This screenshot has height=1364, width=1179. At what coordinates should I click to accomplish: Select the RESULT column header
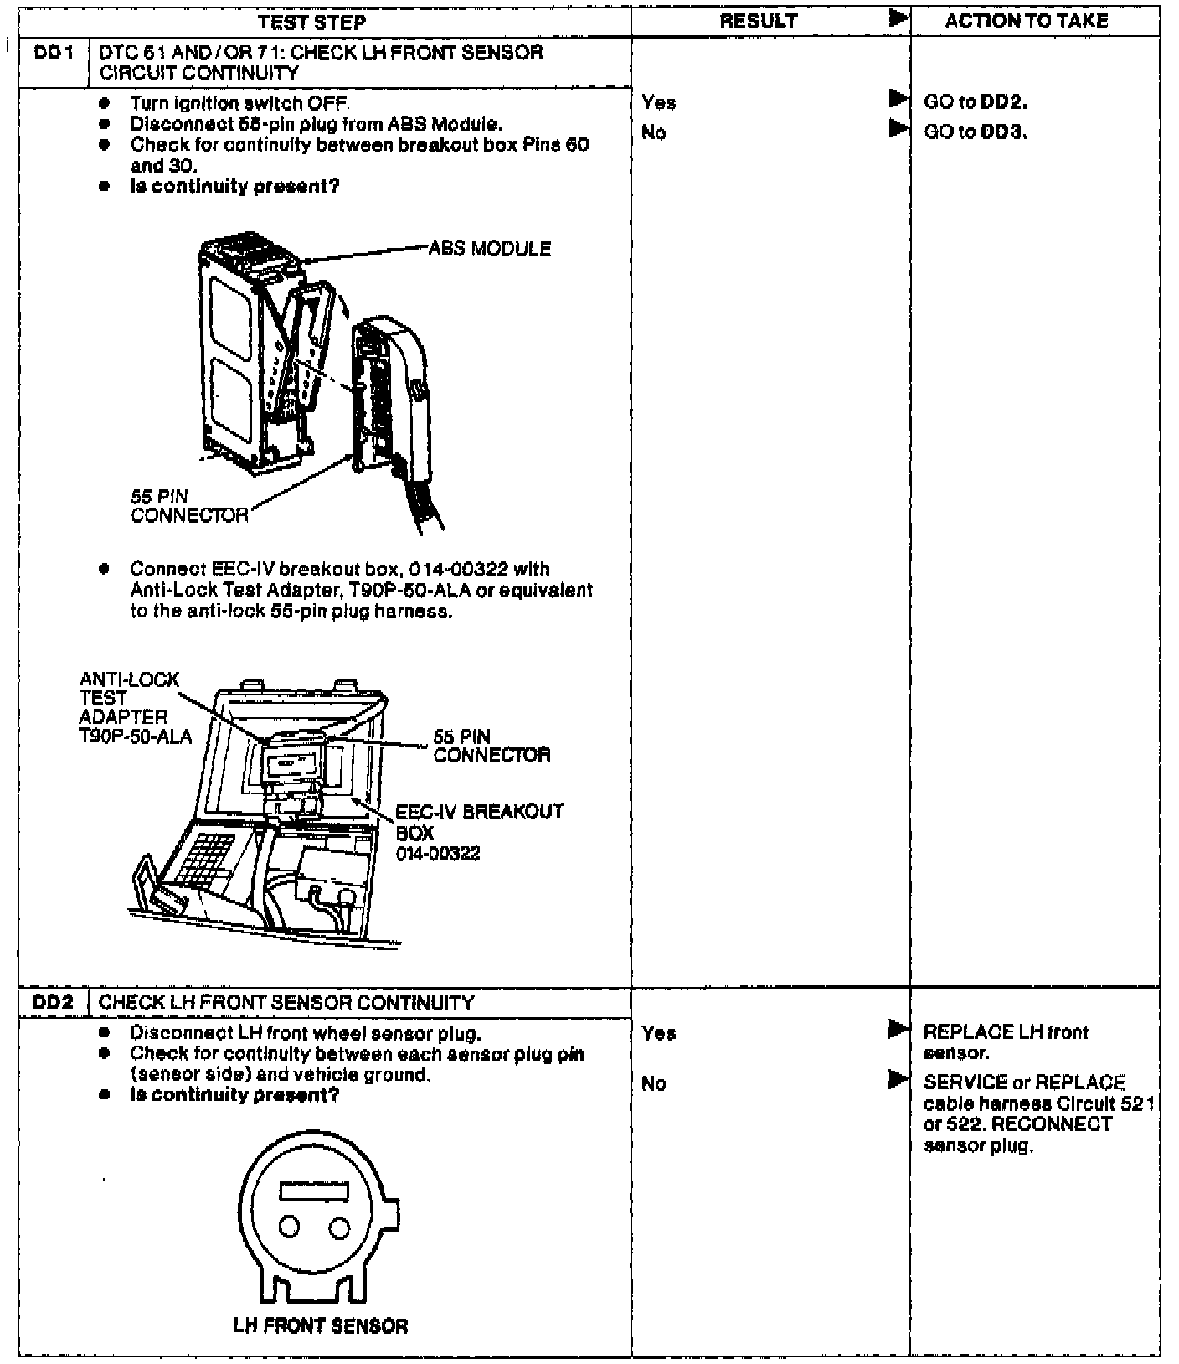759,22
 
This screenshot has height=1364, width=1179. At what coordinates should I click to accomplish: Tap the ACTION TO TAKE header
1027,22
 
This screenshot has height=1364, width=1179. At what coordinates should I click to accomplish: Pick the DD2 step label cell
52,1003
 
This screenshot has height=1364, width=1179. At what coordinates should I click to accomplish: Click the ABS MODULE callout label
490,249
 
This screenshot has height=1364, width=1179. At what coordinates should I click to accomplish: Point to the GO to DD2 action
976,102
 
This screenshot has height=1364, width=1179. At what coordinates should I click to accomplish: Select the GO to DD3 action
976,132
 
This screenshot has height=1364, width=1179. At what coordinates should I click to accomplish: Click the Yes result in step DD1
659,102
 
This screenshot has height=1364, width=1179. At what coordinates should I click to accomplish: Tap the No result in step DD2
653,1083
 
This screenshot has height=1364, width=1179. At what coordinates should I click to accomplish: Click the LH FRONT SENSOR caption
321,1326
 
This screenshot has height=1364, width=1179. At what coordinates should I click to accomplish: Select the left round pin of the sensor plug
289,1227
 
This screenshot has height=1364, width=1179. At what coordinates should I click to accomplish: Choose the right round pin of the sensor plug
338,1227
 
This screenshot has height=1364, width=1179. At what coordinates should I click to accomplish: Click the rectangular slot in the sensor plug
313,1191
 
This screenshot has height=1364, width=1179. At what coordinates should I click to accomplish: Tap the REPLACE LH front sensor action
1005,1041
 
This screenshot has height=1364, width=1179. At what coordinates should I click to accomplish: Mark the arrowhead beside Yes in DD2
898,1030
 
